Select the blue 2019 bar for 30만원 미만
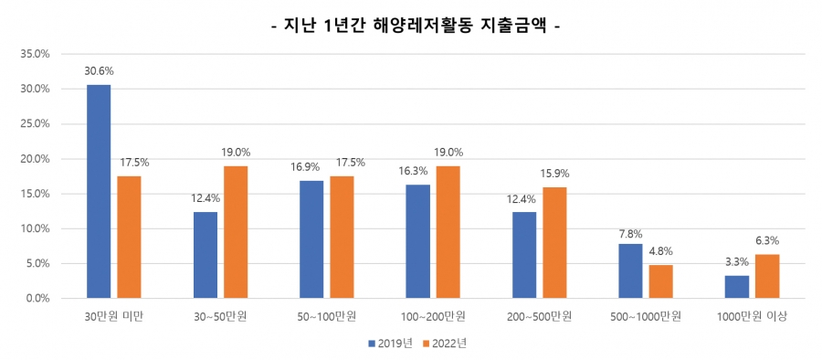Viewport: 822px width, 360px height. [x=99, y=192]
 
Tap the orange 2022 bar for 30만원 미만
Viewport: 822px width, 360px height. [x=129, y=238]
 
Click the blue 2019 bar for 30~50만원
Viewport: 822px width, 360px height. [x=205, y=255]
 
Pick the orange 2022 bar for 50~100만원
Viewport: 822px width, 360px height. [x=342, y=238]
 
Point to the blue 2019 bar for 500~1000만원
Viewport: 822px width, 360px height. [x=631, y=271]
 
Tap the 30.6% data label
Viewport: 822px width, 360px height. [x=99, y=71]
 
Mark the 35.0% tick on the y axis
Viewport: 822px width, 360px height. [x=35, y=54]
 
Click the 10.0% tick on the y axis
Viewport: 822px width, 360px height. [x=35, y=228]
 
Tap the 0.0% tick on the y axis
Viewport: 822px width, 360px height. [x=37, y=299]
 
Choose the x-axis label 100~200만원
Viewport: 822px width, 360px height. [x=434, y=316]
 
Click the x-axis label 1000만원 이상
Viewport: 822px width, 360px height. [x=753, y=316]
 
